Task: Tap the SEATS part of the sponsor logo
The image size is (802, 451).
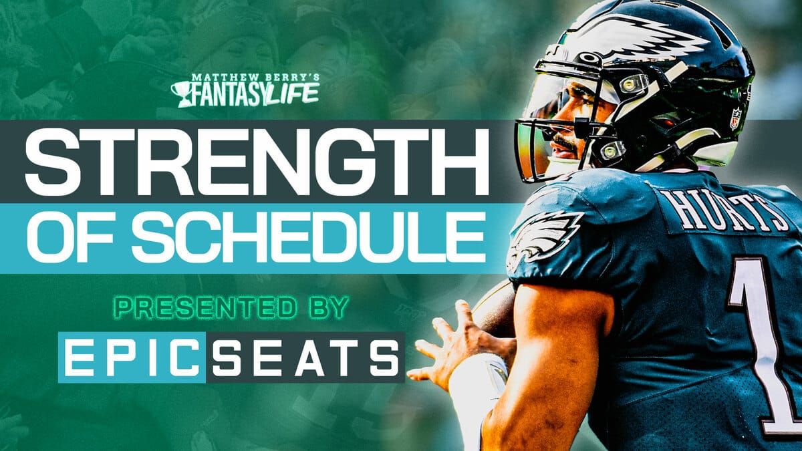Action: tap(304, 358)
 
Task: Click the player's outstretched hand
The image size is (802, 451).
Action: tap(444, 341)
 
